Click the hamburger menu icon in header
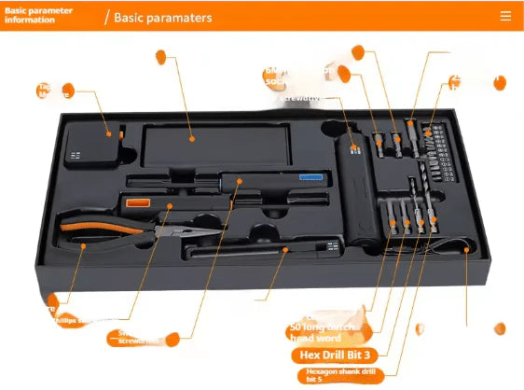(505, 16)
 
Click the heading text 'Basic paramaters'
(162, 17)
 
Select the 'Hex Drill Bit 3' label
(335, 355)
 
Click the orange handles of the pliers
(89, 233)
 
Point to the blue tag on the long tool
(310, 175)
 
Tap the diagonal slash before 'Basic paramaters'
(106, 17)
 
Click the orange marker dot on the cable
(465, 249)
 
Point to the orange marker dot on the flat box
(191, 138)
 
